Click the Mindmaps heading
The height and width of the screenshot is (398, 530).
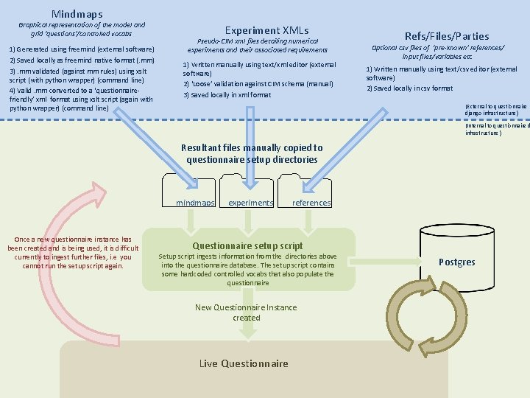point(77,14)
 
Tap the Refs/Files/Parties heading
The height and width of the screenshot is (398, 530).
point(447,35)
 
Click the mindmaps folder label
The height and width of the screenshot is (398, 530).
point(195,203)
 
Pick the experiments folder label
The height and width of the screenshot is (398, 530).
point(250,203)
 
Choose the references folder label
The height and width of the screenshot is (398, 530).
point(311,203)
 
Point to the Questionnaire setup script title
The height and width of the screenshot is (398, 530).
point(247,245)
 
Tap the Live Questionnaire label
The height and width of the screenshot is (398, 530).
point(244,363)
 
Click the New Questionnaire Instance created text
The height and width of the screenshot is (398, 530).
point(246,313)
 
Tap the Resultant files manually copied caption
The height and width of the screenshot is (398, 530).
point(252,153)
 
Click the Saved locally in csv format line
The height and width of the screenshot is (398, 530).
point(410,88)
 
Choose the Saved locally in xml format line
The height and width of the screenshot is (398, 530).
point(216,95)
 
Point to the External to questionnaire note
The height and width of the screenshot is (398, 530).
point(495,110)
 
